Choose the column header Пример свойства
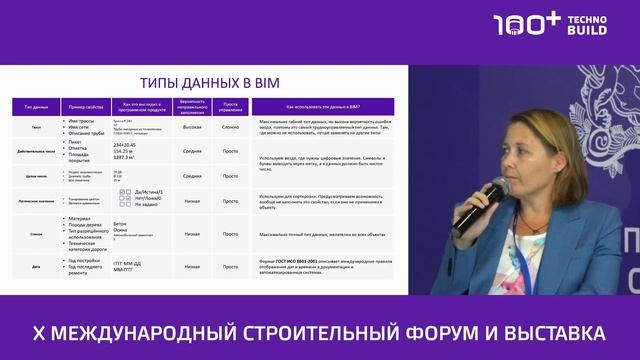(x=86, y=104)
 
